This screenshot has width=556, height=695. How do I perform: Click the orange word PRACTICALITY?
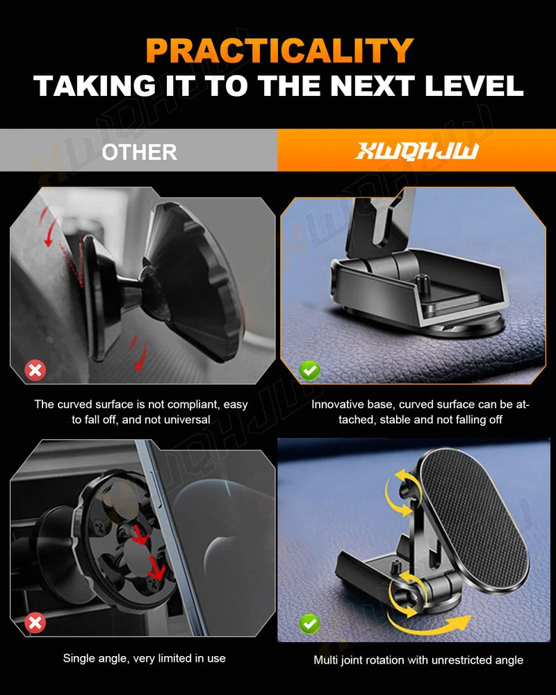pos(279,51)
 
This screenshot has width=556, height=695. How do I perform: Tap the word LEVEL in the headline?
pos(474,85)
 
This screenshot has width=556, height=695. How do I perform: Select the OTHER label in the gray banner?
pos(139,152)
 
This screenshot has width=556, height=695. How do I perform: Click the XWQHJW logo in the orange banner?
pos(416,151)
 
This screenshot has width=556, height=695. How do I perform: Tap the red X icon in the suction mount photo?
pos(35,370)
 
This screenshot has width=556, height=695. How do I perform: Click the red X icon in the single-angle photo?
pos(35,623)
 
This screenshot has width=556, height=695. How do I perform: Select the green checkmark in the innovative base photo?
pos(309,370)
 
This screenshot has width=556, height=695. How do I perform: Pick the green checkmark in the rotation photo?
pos(309,623)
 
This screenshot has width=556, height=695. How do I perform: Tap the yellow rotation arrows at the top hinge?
pos(401,492)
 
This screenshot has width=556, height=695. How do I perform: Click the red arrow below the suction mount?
pos(140,357)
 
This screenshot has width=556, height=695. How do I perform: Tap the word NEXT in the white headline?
pos(373,85)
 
